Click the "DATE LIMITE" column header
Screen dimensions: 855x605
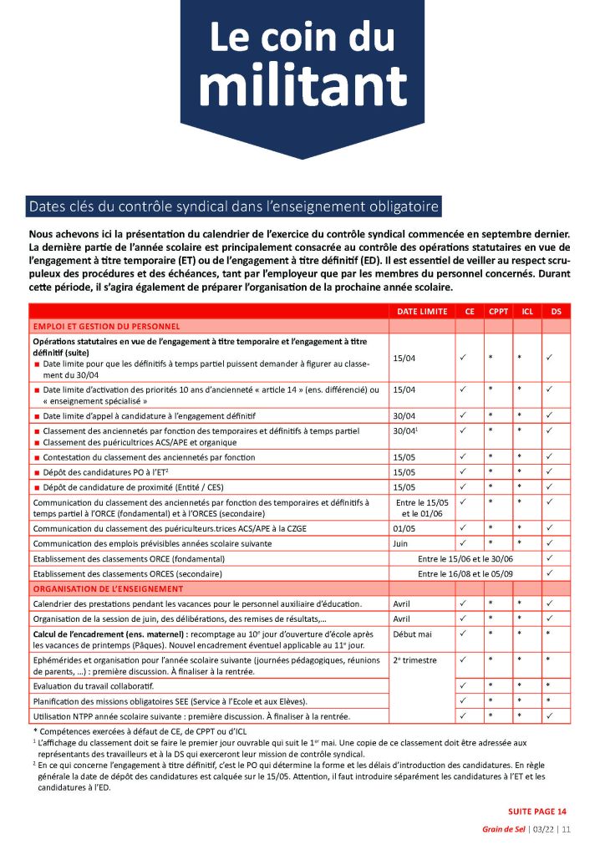point(420,312)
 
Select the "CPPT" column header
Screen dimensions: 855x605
point(498,312)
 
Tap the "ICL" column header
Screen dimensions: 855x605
point(527,312)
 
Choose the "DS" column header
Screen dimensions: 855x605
point(556,312)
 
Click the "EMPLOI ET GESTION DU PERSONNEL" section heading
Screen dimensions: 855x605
point(106,326)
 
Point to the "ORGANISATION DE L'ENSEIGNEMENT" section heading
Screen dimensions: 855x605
point(107,588)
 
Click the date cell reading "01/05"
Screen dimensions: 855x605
point(404,528)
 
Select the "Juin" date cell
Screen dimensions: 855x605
point(402,543)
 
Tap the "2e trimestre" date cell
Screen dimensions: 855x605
point(414,660)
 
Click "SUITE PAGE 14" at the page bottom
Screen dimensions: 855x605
point(537,811)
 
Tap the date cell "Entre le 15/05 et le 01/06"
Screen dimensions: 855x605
point(420,507)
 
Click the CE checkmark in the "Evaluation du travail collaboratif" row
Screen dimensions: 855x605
point(463,685)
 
